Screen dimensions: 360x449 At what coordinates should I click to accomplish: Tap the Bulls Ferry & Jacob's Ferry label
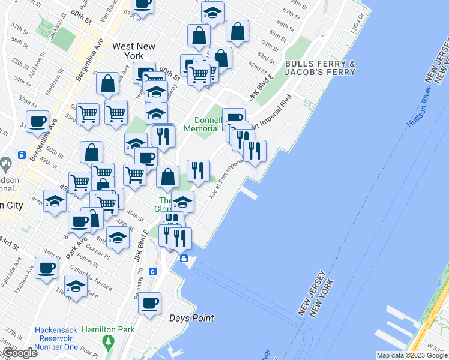tap(320, 68)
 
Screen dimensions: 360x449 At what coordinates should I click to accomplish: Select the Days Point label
tap(191, 318)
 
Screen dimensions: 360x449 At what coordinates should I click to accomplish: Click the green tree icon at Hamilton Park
tap(109, 343)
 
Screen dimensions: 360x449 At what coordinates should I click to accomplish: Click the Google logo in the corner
tap(19, 353)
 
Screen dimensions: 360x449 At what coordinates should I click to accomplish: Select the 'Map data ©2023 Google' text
tap(411, 355)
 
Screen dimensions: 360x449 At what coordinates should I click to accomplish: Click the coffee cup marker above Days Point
tap(150, 302)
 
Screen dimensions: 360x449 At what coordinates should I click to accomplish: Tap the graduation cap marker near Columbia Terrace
tap(76, 286)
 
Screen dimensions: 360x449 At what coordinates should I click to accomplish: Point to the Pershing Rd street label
tap(140, 278)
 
